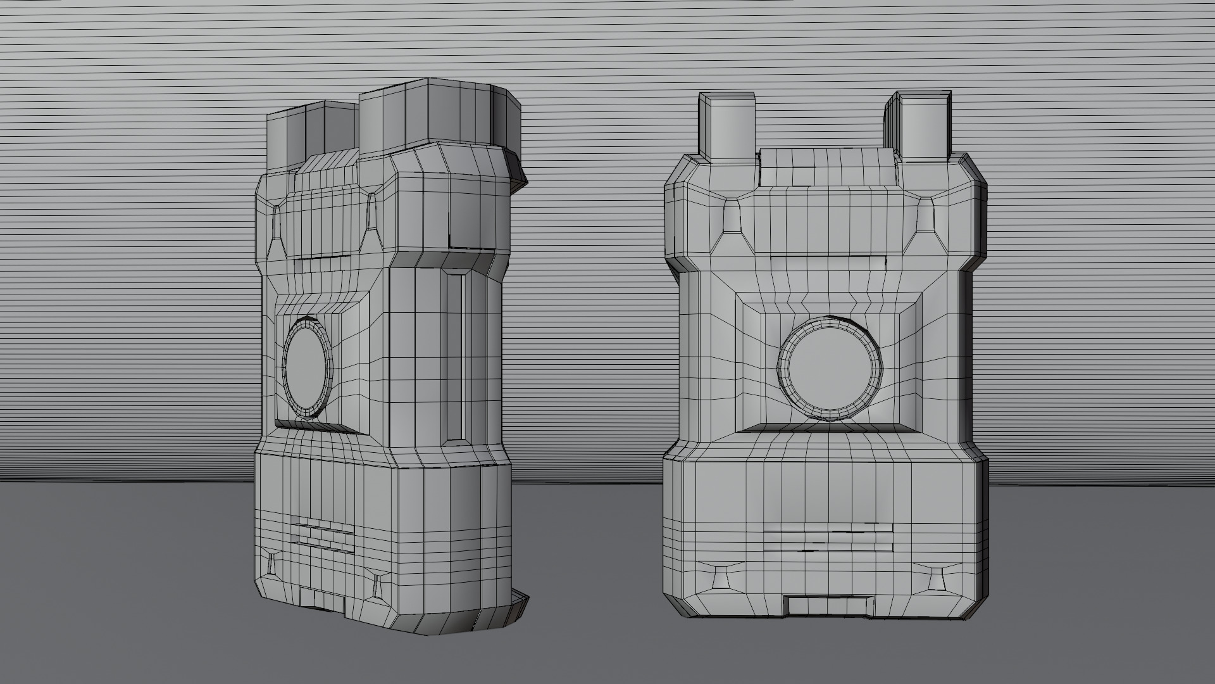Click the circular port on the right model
tap(829, 369)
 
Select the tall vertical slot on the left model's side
tap(455, 358)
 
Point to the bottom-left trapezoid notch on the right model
tap(720, 577)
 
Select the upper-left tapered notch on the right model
tap(732, 215)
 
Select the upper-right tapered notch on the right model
tap(926, 215)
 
